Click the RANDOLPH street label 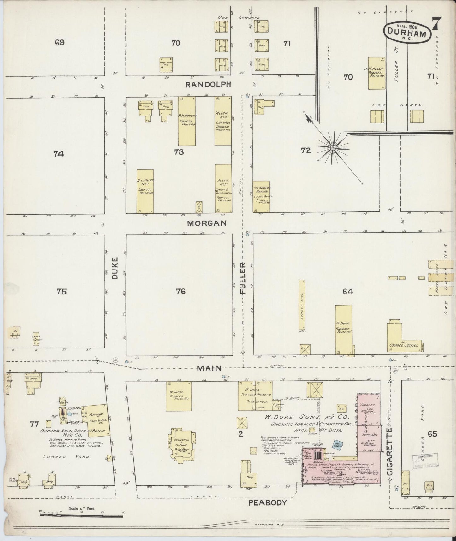(x=208, y=85)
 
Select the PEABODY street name (x=268, y=502)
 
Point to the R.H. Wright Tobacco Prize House (x=187, y=121)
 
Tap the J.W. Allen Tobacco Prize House (x=377, y=73)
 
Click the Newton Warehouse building (x=261, y=197)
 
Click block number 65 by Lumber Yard (x=432, y=434)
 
